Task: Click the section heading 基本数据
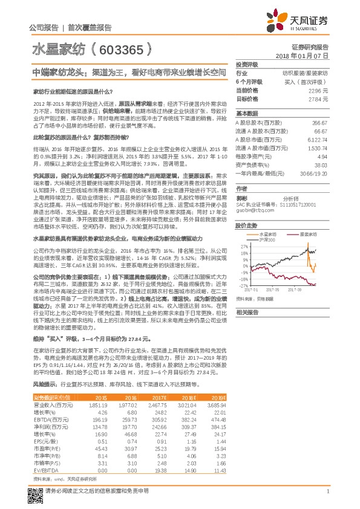click(x=246, y=113)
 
